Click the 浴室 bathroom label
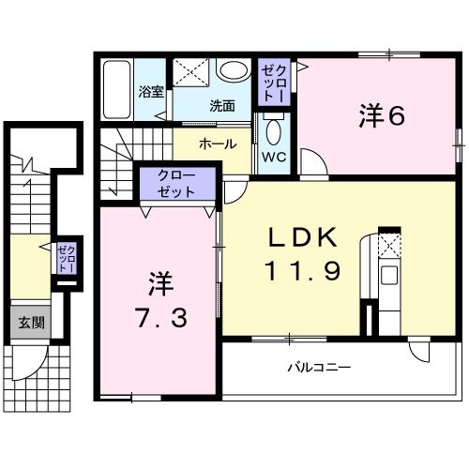(x=150, y=92)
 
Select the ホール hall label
(x=218, y=144)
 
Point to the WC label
(x=273, y=157)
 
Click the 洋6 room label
(x=381, y=116)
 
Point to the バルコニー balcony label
(x=319, y=367)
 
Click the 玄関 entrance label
(x=31, y=324)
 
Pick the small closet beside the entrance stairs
(x=65, y=257)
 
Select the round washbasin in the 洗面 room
(x=230, y=70)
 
